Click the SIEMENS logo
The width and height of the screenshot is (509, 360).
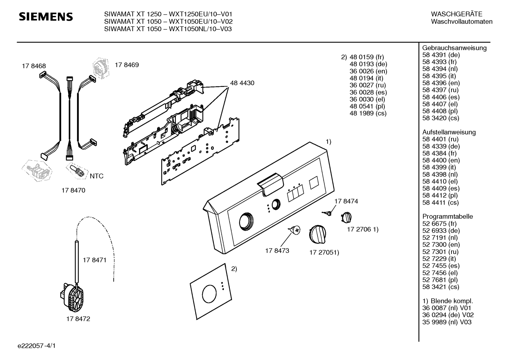(46, 17)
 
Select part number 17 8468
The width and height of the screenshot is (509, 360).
(34, 66)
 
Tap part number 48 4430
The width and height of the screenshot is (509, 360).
(242, 83)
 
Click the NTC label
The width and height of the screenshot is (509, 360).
(97, 176)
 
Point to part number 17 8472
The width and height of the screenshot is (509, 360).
(78, 319)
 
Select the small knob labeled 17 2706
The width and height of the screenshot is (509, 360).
(346, 217)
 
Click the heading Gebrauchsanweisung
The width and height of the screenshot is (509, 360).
(455, 48)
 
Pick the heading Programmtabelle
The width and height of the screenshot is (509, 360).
(448, 216)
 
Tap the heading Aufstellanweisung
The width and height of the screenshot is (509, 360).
(449, 132)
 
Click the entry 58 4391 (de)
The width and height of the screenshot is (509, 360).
(441, 55)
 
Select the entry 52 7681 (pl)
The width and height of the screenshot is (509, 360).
(440, 280)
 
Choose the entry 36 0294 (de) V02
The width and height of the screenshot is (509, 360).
(448, 315)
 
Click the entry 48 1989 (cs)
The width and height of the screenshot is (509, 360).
(368, 113)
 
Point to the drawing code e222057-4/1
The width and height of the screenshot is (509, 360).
(37, 346)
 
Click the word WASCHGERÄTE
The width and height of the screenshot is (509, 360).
(457, 14)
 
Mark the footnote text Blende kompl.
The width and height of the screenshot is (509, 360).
(452, 301)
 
